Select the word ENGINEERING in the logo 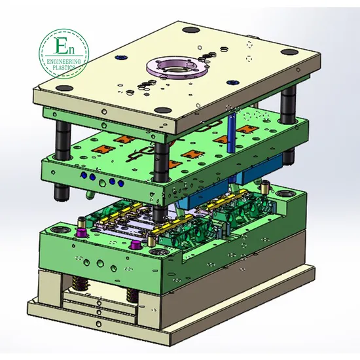(64, 62)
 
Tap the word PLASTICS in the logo (64, 67)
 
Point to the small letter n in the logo (71, 50)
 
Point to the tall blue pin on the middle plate (232, 132)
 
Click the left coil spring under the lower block (78, 283)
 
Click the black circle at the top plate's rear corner (190, 30)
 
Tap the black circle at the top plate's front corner (162, 110)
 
